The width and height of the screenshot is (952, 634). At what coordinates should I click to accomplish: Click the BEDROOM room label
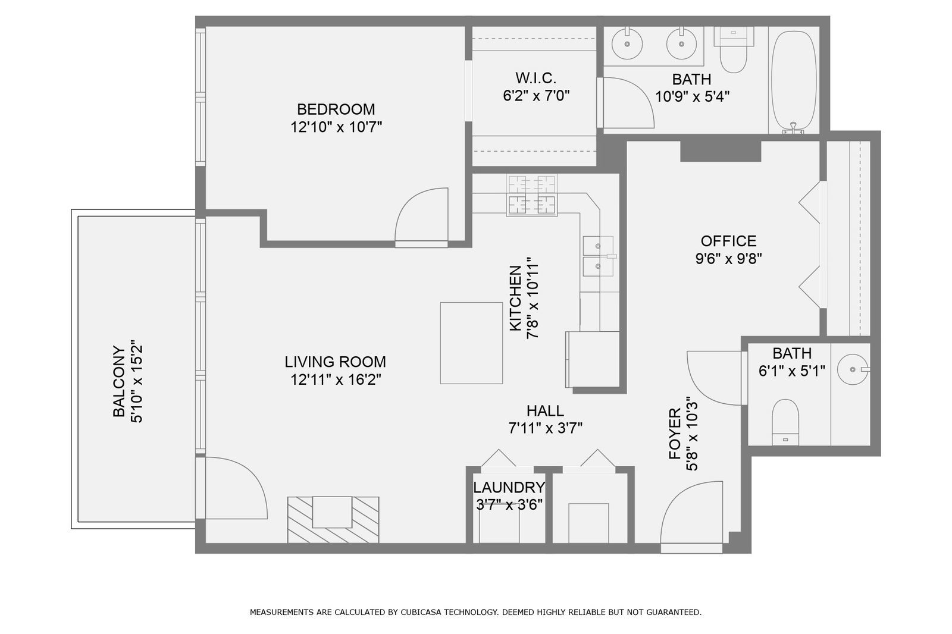point(336,109)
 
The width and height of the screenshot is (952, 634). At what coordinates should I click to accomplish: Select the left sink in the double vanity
point(627,43)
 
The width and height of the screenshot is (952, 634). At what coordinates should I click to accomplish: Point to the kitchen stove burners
point(531,195)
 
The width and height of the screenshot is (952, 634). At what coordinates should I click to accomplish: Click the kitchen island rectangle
point(471,343)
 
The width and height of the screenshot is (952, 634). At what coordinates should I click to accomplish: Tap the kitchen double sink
point(598,256)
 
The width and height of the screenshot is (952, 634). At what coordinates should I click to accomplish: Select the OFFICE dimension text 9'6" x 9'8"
point(728,259)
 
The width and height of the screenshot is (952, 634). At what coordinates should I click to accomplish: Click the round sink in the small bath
point(853,369)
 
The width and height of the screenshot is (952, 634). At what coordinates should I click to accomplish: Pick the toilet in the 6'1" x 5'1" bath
point(785,421)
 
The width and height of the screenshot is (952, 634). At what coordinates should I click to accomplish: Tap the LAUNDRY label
point(509,488)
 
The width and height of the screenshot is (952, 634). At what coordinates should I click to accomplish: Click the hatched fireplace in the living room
point(333,519)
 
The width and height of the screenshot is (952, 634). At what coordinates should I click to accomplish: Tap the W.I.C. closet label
point(535,78)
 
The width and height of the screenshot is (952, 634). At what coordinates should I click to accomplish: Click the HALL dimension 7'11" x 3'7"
point(545,428)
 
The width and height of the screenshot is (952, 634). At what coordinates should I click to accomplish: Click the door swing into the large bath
point(627,102)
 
